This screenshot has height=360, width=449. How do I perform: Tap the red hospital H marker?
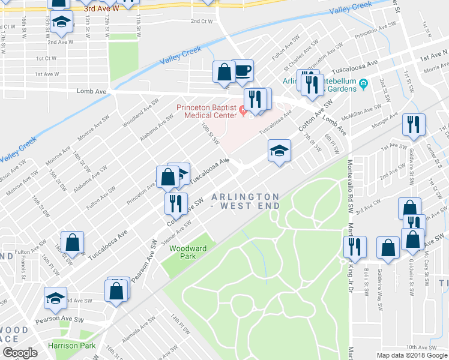(243, 110)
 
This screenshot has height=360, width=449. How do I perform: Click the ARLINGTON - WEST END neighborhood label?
(246, 201)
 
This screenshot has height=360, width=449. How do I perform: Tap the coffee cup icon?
(243, 71)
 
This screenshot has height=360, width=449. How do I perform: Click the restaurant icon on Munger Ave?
(414, 124)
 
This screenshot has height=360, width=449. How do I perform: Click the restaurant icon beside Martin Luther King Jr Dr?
(354, 247)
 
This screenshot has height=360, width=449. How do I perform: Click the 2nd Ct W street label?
(202, 21)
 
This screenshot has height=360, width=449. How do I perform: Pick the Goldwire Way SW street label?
(380, 292)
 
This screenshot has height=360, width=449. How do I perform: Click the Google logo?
(20, 353)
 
